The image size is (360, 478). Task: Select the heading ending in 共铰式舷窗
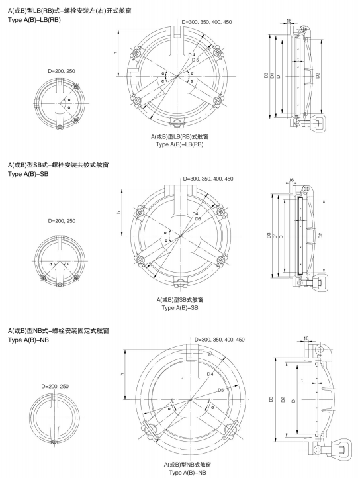58,166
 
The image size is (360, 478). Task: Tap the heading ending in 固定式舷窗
58,331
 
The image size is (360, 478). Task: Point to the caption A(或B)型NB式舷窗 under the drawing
187,465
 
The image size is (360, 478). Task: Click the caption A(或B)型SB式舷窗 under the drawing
180,300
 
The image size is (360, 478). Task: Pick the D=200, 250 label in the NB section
55,386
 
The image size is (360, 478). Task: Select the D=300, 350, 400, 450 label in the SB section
208,179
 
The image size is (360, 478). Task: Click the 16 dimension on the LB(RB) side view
289,21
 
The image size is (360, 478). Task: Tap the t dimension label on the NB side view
302,381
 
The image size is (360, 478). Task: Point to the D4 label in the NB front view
210,374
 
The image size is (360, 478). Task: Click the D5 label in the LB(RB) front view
195,60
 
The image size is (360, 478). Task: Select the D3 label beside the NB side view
271,399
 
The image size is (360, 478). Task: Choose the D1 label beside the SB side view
275,235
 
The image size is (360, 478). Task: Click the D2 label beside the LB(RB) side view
318,75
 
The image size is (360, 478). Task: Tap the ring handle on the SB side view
321,282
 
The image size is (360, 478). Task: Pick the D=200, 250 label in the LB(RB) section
62,71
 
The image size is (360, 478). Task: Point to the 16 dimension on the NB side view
306,338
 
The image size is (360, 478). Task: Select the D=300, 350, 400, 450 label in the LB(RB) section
206,22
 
